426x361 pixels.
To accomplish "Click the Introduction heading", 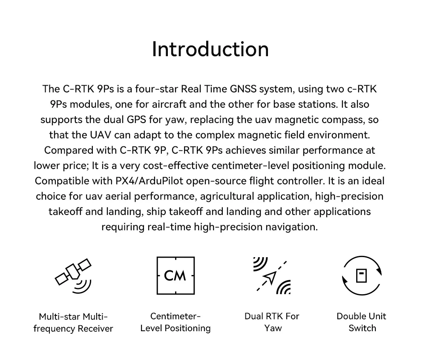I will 210,49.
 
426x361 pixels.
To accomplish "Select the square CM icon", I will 176,275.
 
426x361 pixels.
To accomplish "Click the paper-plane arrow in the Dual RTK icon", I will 270,278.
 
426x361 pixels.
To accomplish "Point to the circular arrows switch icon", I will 362,275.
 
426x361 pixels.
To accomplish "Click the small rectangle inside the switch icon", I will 362,275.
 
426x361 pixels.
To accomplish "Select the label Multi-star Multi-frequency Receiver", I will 73,322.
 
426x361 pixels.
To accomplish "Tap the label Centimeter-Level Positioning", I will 176,322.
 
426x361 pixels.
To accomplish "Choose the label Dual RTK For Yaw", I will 272,322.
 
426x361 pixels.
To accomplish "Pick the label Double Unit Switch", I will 362,322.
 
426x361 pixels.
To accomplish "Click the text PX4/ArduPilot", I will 149,181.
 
